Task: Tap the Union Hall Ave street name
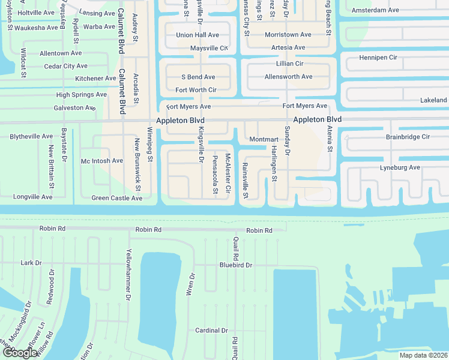coord(197,35)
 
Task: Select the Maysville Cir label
coord(209,48)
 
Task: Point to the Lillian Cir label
coord(289,63)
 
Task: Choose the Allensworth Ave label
coord(289,77)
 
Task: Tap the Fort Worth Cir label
coord(195,90)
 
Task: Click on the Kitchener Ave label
coord(95,79)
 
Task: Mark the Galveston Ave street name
coord(74,107)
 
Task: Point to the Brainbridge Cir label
coord(408,137)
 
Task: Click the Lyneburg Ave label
coord(400,167)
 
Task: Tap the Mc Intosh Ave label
coord(102,161)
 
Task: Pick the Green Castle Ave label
coord(116,197)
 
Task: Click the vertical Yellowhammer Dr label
coord(128,275)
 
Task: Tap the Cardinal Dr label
coord(211,331)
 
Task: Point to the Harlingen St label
coord(274,163)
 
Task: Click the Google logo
coord(20,353)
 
